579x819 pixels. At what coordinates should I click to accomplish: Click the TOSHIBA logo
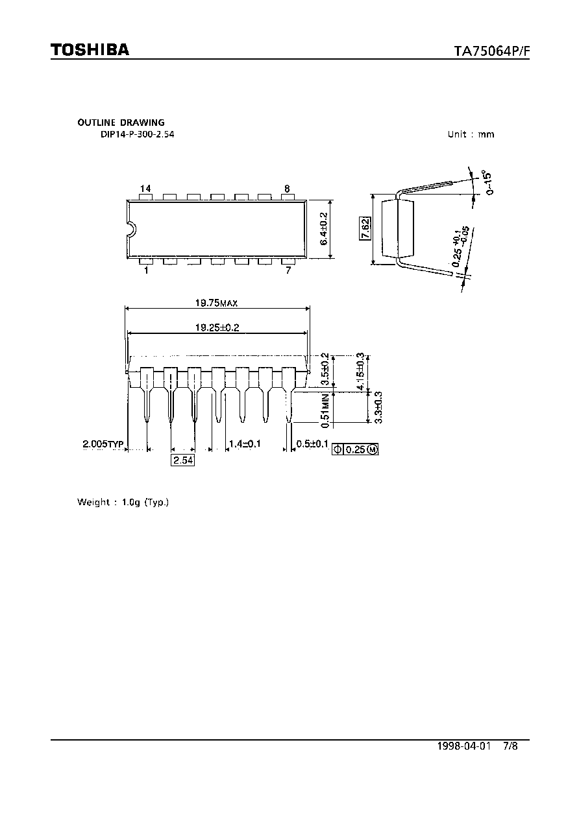(x=90, y=49)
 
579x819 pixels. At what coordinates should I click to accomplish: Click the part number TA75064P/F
(x=491, y=51)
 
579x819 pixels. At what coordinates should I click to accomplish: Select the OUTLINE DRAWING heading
(x=121, y=123)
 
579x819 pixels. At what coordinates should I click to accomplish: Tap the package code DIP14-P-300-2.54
(x=137, y=134)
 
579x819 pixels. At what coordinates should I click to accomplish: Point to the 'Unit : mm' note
(x=471, y=134)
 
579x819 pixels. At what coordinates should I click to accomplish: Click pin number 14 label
(x=145, y=188)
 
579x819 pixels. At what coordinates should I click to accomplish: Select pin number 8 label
(x=287, y=188)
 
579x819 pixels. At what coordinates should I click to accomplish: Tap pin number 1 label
(x=146, y=270)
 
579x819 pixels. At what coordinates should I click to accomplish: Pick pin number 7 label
(x=288, y=270)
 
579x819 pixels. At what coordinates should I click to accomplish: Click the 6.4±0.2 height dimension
(x=323, y=230)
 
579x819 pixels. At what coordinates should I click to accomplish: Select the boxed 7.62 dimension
(x=365, y=228)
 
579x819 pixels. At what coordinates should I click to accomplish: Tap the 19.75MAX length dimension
(x=216, y=303)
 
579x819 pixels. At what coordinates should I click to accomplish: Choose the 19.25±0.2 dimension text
(x=217, y=327)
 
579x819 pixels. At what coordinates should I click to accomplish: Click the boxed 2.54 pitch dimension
(x=182, y=460)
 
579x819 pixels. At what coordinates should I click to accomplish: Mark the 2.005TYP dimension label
(x=103, y=444)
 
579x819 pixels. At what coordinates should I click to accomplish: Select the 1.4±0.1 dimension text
(x=245, y=444)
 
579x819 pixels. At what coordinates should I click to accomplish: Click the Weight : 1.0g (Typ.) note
(x=123, y=502)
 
